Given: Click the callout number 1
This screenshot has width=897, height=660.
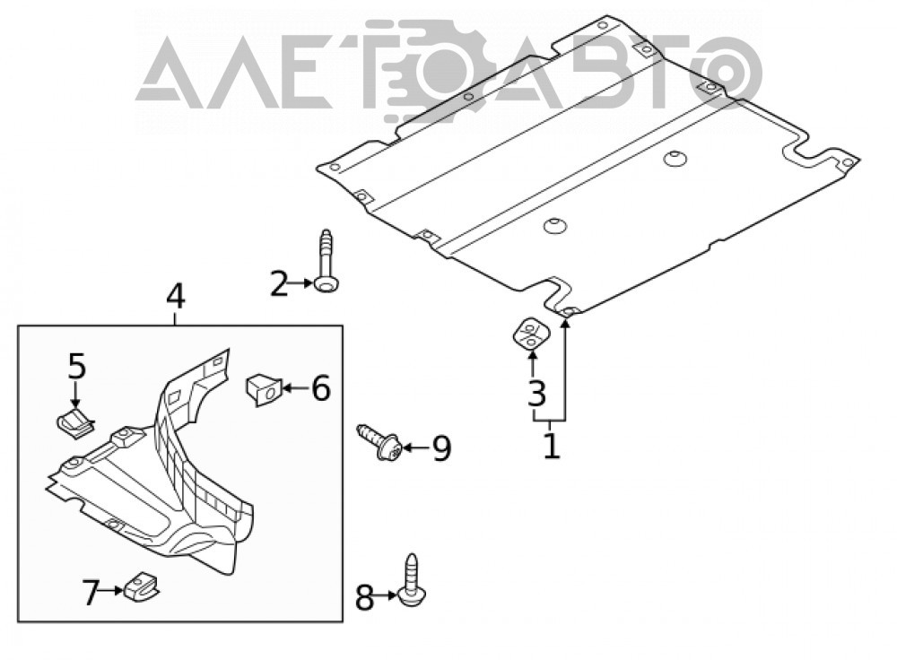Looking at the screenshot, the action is [551, 446].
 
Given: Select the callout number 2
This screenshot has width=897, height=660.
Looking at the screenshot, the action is [279, 284].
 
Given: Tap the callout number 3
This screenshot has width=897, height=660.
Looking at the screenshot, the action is [536, 393].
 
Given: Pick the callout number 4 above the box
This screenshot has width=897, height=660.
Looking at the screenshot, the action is [176, 298].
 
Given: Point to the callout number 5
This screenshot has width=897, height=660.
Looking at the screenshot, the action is [76, 366].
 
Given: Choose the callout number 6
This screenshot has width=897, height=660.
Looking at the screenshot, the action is [320, 388].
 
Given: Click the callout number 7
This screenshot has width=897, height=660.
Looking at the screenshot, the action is [91, 593].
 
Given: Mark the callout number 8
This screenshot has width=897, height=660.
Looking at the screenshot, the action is [364, 597].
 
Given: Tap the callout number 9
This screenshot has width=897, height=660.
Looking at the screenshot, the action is [441, 447].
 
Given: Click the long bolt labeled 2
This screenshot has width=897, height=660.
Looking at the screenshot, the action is [326, 262].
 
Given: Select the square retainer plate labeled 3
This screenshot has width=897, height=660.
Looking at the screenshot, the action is [530, 334].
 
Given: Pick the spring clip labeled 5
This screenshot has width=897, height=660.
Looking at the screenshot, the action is [74, 424].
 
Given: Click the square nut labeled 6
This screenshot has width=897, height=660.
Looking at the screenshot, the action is [263, 389].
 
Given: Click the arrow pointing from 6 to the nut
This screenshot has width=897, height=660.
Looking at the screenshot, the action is [295, 388].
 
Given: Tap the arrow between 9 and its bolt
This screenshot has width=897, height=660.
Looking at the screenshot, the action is [416, 447].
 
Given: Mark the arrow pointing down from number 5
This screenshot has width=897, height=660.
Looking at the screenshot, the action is [76, 395].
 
